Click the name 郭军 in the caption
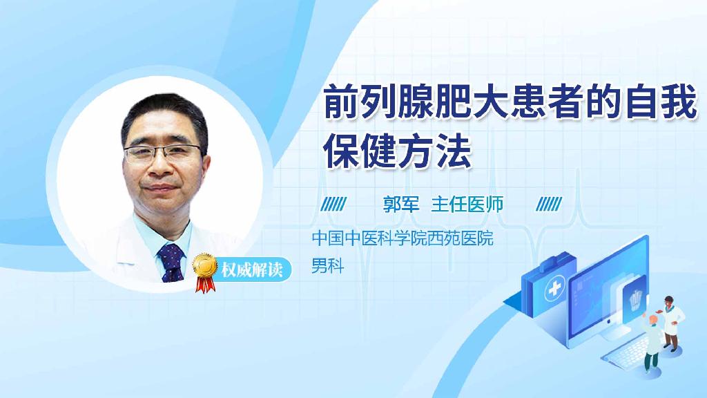[402, 205]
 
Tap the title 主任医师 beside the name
[467, 205]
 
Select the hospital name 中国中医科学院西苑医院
[403, 240]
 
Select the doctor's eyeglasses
[165, 153]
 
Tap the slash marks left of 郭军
[334, 205]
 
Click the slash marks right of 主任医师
[549, 205]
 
